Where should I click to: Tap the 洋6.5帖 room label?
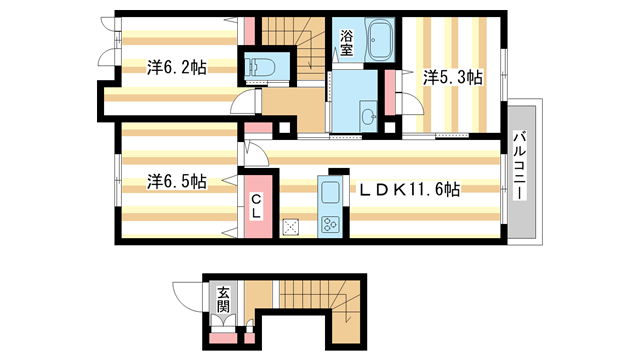177,182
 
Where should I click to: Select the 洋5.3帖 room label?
452,77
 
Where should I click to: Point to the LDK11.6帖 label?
410,189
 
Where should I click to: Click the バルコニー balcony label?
520,166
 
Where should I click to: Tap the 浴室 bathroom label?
346,42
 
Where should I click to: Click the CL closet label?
256,206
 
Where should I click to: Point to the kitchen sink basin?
329,194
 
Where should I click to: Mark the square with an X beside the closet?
292,225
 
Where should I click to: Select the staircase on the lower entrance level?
311,304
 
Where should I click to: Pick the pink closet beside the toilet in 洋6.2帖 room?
244,45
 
